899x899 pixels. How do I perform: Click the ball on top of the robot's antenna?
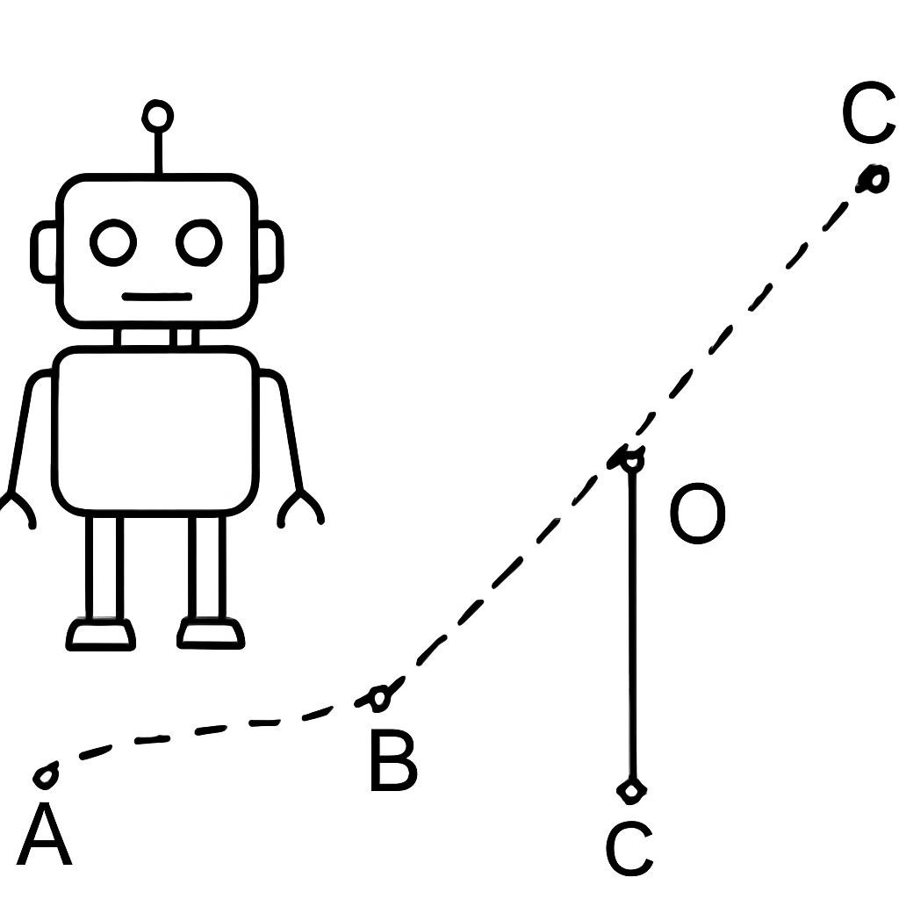click(x=157, y=117)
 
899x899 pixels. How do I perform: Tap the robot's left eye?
click(x=113, y=242)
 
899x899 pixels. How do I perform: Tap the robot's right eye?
click(x=199, y=242)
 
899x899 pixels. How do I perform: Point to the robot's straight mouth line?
click(x=156, y=297)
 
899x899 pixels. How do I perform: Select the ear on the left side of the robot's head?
click(x=44, y=252)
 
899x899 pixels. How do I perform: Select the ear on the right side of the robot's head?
click(x=270, y=252)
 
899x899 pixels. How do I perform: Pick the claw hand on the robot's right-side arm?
click(x=300, y=508)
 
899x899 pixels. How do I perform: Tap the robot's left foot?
click(x=101, y=634)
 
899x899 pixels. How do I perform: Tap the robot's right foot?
click(x=211, y=633)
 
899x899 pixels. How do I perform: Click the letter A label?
click(x=44, y=834)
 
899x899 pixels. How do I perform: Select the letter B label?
click(x=393, y=761)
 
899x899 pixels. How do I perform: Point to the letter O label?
click(x=698, y=513)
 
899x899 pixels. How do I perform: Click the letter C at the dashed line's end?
click(x=869, y=112)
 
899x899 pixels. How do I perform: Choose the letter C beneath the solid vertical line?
click(x=629, y=848)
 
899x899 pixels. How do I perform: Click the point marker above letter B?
click(x=378, y=698)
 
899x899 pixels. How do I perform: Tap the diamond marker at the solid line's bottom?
click(x=632, y=791)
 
